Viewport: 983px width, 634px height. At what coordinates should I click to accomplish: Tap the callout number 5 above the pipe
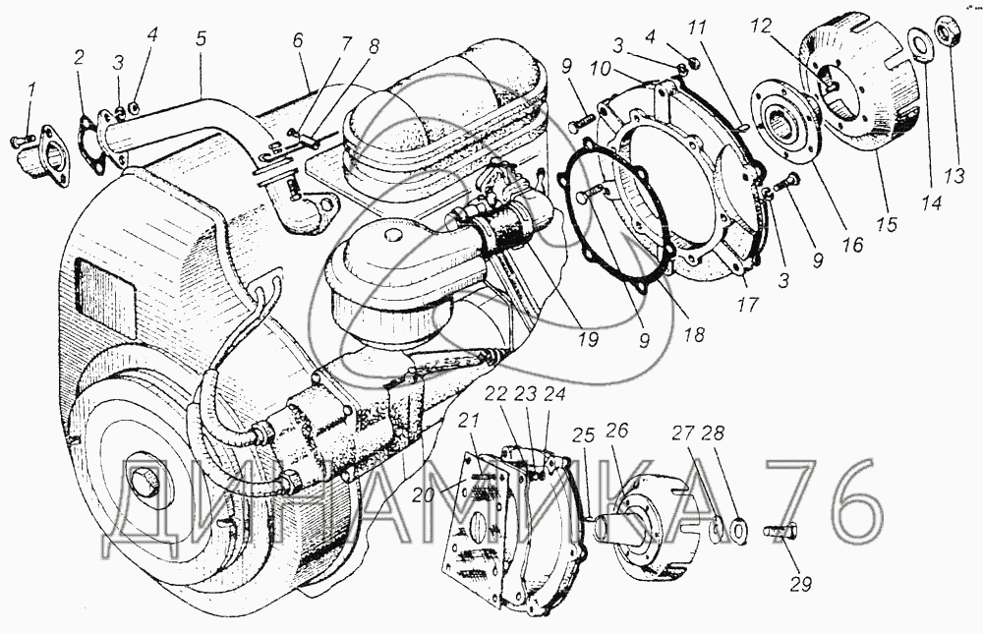click(201, 39)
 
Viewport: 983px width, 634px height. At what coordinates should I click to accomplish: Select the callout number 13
click(954, 177)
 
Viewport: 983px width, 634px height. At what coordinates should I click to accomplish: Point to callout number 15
click(888, 224)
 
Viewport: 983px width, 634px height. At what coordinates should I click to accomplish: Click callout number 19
click(589, 339)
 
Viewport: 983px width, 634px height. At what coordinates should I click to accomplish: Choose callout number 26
click(617, 431)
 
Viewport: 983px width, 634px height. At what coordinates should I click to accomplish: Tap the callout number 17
click(748, 304)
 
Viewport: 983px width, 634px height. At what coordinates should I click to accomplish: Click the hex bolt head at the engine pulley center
click(145, 483)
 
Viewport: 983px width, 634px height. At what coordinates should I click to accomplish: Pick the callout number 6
click(298, 40)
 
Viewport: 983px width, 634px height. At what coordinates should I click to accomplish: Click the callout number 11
click(697, 28)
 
